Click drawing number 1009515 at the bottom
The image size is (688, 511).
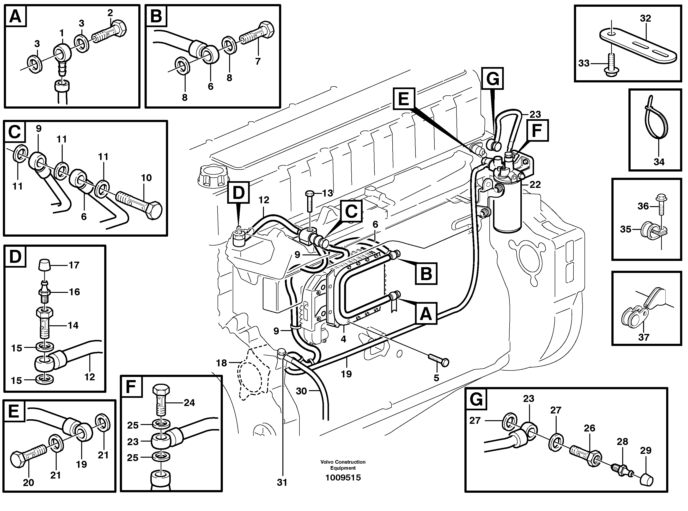[x=343, y=478]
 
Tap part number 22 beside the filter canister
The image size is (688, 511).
[x=535, y=185]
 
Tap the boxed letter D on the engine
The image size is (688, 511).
[x=238, y=193]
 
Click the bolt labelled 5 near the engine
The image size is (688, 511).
[x=438, y=360]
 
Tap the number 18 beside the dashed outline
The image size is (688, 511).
[x=221, y=363]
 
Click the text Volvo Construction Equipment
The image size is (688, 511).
[x=343, y=465]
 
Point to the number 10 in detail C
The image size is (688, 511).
[x=146, y=178]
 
